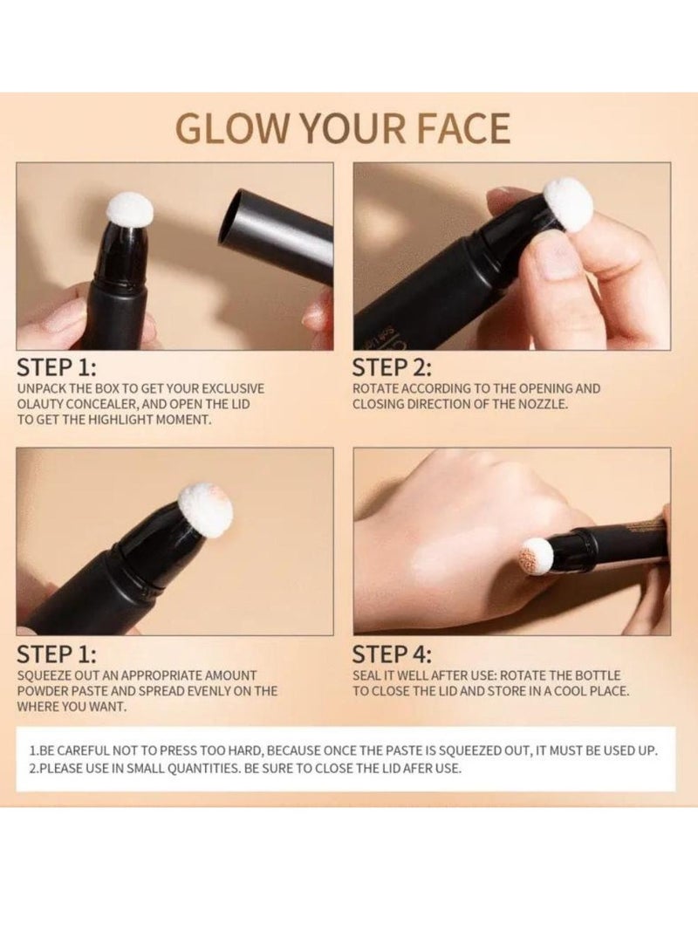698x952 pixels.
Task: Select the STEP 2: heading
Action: [x=392, y=367]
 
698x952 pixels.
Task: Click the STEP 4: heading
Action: [x=392, y=654]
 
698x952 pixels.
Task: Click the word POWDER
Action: [x=44, y=690]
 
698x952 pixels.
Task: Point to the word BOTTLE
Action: [x=618, y=675]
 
